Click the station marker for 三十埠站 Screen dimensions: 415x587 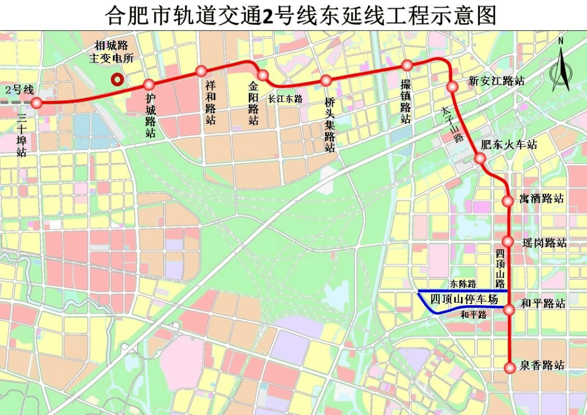(36, 103)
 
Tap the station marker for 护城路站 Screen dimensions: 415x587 (149, 85)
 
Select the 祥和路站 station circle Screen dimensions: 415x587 (201, 71)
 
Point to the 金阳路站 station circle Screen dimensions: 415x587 (263, 75)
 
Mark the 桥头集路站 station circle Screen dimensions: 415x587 (326, 81)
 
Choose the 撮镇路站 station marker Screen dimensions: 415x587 (407, 65)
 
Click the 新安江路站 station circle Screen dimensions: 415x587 (452, 87)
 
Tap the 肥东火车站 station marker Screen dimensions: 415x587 (479, 158)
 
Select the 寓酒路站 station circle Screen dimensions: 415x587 (508, 200)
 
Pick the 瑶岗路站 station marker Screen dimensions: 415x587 (508, 241)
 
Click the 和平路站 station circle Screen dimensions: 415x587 (509, 310)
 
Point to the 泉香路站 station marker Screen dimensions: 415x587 (509, 368)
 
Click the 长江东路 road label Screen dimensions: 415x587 (285, 99)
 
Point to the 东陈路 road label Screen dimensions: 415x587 (463, 284)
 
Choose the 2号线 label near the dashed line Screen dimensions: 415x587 (20, 90)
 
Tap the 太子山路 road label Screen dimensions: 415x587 (452, 124)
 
